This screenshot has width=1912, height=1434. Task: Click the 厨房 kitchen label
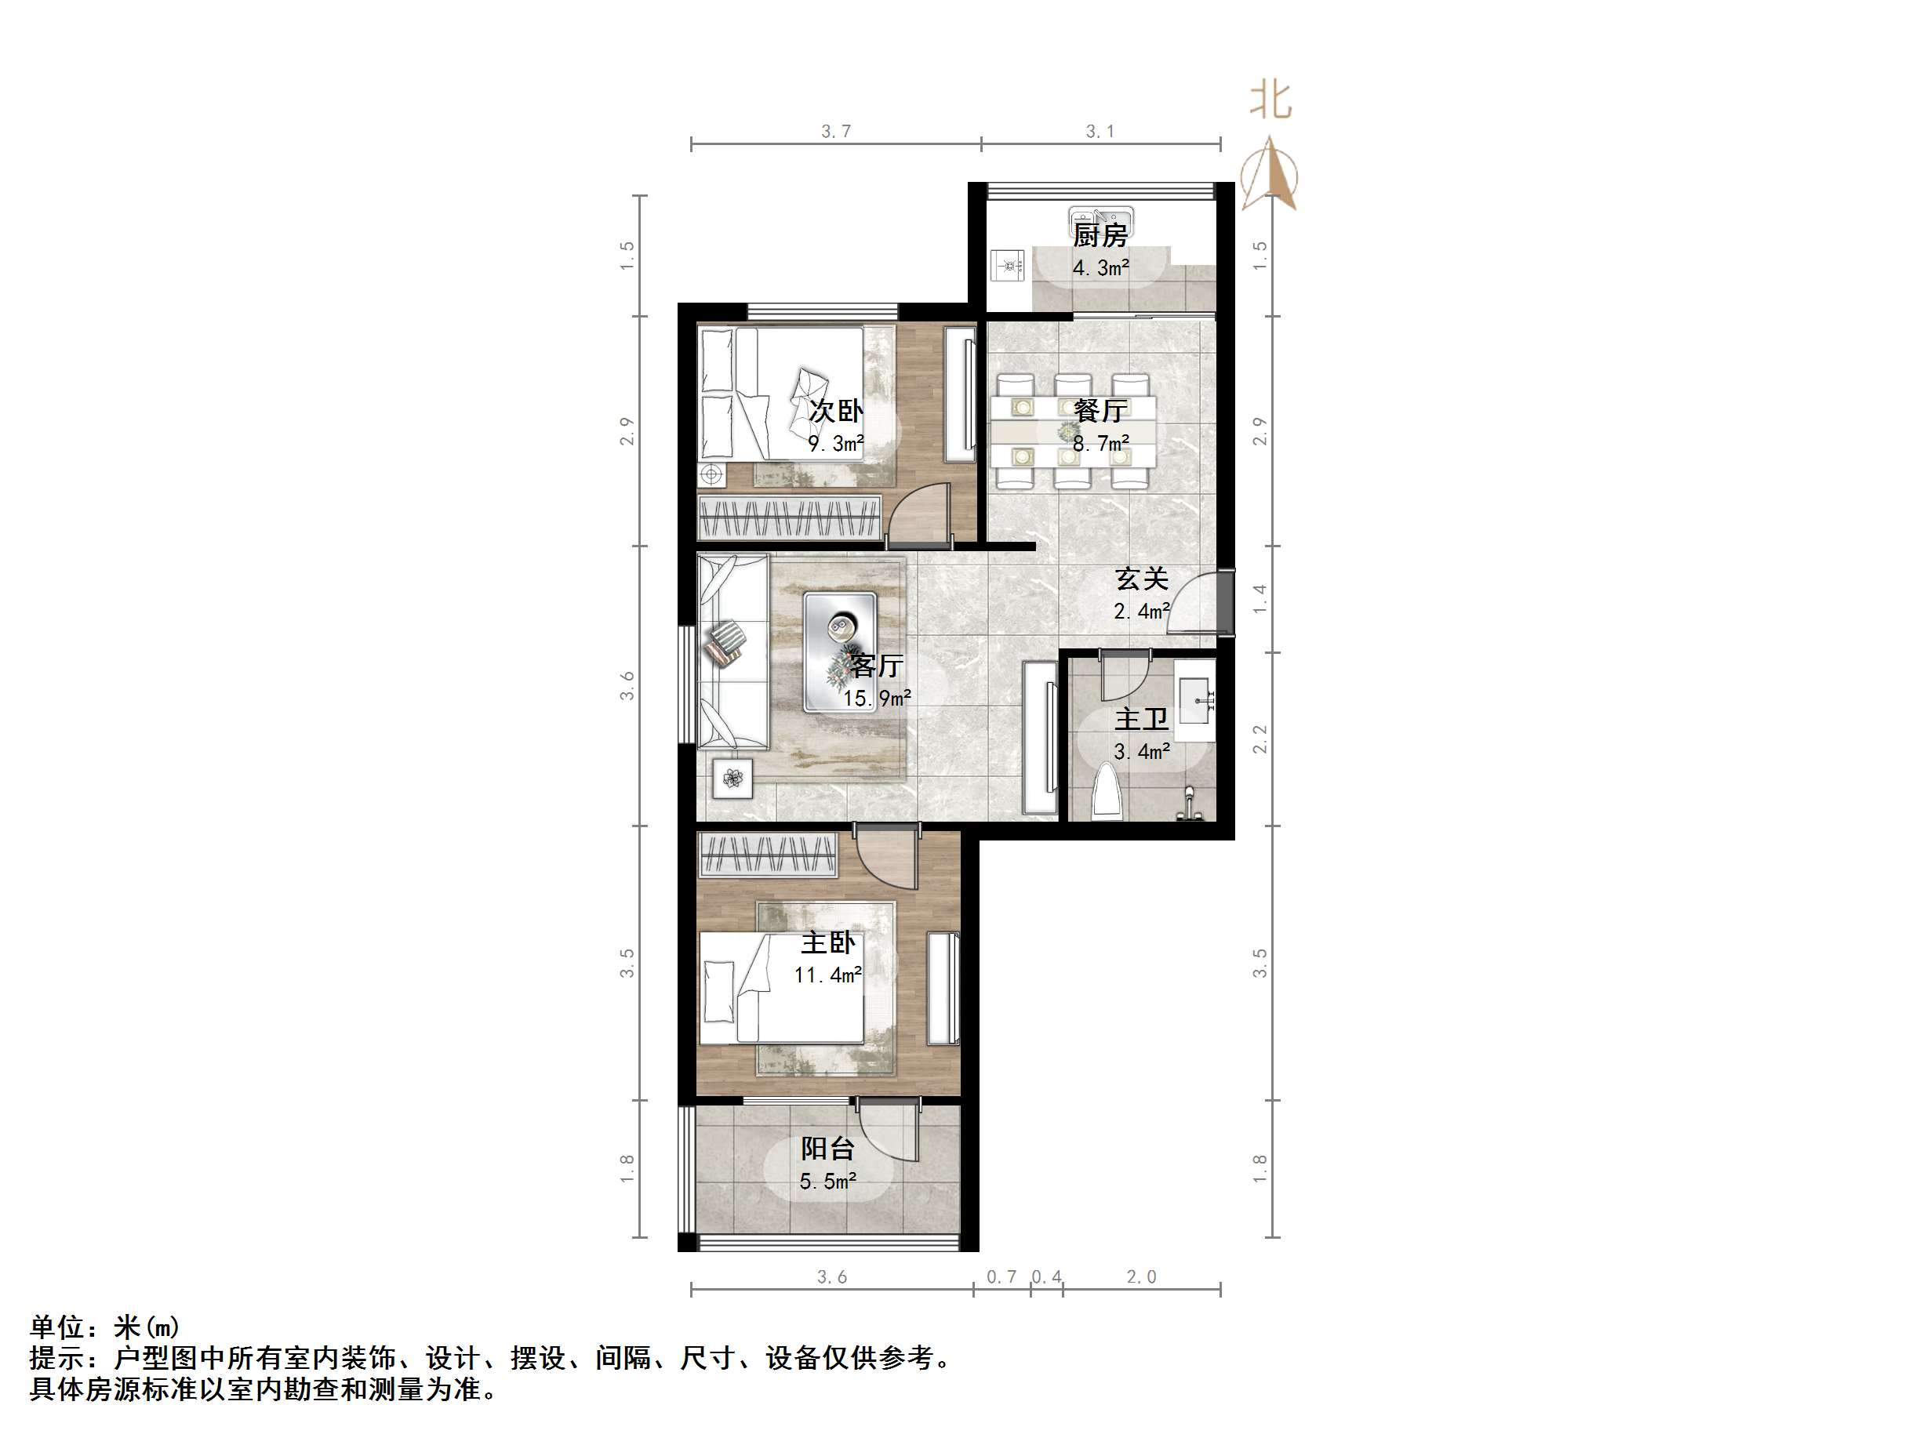[1100, 234]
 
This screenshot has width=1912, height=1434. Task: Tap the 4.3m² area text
[1100, 268]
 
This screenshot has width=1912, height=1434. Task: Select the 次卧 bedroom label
[835, 411]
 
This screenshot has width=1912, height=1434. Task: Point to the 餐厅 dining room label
[1100, 411]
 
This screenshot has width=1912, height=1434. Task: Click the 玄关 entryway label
[1141, 579]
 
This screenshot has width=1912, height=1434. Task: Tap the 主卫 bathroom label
[1141, 718]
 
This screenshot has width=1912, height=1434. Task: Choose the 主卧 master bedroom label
[827, 942]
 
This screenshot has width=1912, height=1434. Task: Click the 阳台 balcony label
[827, 1148]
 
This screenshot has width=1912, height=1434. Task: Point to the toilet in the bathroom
[1107, 792]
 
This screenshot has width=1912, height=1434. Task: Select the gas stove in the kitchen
[1007, 267]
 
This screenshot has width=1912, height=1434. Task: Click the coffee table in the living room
[839, 651]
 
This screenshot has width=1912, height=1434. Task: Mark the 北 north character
[1270, 101]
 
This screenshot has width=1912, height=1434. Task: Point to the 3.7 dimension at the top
[835, 132]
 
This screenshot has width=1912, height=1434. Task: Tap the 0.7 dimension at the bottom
[1001, 1276]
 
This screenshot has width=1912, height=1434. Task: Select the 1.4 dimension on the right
[1260, 599]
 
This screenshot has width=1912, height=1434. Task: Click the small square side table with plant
[733, 778]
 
